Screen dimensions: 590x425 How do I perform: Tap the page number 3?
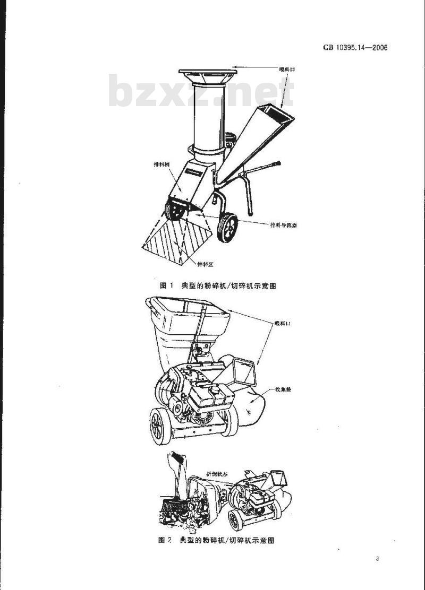point(377,559)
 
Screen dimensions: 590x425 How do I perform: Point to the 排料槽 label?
point(160,164)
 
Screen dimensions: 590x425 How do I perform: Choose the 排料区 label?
point(205,264)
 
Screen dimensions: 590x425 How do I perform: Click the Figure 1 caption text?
point(218,285)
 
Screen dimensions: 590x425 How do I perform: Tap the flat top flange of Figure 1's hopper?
point(207,72)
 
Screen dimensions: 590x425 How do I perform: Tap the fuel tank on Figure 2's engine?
point(212,393)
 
